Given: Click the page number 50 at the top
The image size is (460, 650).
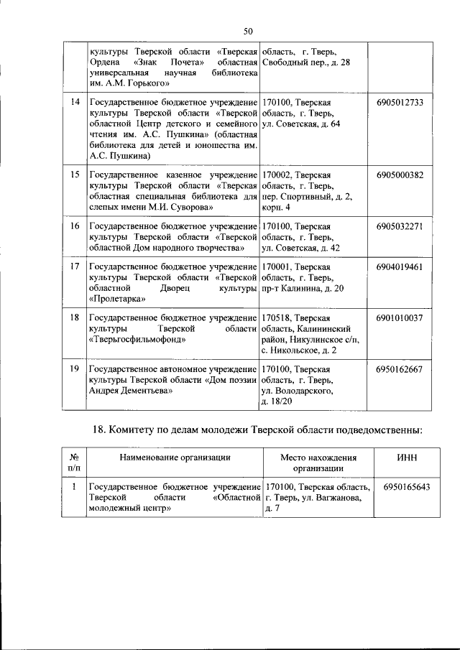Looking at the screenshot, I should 248,31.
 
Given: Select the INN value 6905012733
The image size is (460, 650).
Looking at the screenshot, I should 400,103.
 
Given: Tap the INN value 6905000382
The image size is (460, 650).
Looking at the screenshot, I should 400,175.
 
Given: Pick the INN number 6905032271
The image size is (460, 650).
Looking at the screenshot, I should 400,226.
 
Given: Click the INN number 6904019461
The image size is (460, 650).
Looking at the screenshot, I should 400,266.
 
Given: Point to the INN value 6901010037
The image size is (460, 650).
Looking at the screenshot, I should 400,317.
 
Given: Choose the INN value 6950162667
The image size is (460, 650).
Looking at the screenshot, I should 400,369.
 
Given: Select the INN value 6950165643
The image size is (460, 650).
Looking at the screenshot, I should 407,487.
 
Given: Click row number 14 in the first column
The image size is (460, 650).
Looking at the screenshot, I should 74,103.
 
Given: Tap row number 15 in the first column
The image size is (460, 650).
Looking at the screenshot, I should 74,175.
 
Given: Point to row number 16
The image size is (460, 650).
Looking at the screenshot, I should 74,226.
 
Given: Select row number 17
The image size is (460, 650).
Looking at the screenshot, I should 74,266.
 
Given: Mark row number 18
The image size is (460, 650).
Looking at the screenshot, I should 74,317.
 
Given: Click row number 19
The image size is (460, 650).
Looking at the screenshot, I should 74,369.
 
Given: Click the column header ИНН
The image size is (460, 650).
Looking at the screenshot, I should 407,456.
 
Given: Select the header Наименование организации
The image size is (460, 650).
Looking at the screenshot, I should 175,456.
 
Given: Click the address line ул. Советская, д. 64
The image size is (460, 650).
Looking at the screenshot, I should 301,124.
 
